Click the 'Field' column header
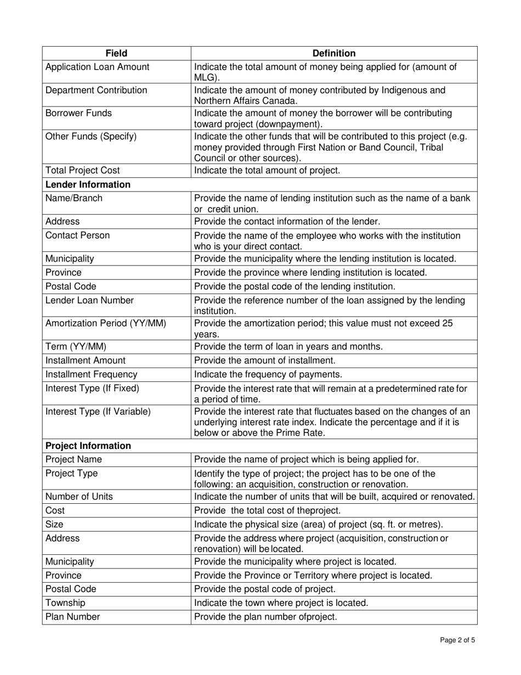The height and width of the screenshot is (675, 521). (116, 53)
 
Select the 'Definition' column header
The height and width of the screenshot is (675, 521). (333, 53)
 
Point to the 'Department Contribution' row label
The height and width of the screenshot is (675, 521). (96, 90)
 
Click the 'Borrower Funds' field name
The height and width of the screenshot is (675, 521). (78, 113)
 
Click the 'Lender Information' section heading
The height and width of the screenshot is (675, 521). (88, 184)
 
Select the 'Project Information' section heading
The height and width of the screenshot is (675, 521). (88, 446)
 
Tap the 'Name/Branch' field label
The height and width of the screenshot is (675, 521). (73, 199)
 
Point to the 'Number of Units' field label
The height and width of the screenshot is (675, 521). (79, 497)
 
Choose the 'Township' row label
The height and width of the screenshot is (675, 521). (65, 603)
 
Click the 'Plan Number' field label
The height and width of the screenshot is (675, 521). (72, 617)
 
